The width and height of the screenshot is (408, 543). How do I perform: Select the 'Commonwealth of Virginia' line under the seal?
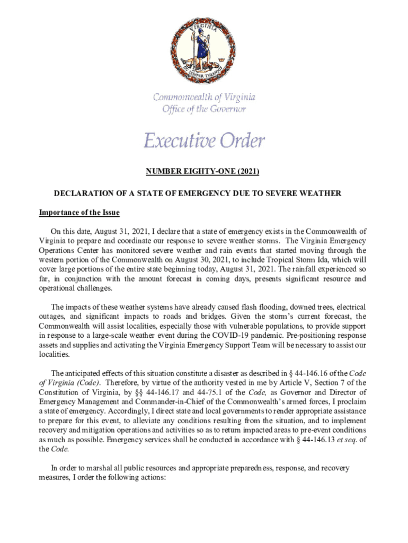[204, 97]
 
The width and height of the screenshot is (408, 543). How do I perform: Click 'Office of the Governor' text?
[204, 109]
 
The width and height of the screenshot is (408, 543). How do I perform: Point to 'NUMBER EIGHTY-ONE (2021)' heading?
[203, 171]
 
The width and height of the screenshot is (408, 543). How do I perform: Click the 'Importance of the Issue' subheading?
[79, 213]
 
